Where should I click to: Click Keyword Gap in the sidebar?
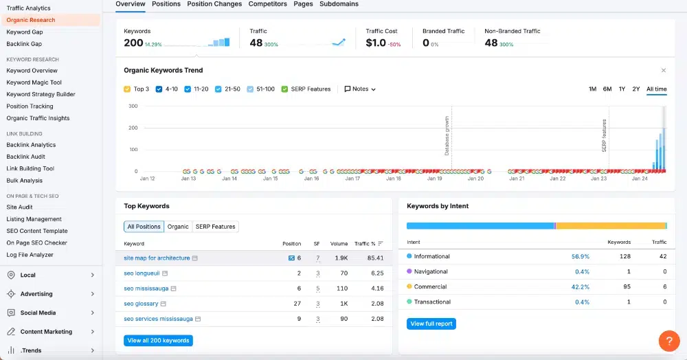coord(25,32)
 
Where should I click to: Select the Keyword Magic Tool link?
coord(34,82)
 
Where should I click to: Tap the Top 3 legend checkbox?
coord(127,89)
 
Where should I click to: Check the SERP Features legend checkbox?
coord(284,89)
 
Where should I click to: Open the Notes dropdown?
coord(360,89)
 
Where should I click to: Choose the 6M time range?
coord(607,89)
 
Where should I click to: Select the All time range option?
coord(656,89)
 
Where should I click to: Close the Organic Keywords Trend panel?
coord(664,71)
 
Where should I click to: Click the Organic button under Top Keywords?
coord(178,227)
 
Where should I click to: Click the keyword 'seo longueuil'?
coord(142,273)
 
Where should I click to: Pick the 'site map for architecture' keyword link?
coord(157,258)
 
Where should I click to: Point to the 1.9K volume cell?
coord(341,258)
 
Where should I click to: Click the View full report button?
coord(431,324)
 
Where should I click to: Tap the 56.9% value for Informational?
coord(580,257)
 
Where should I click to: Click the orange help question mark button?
coord(669,341)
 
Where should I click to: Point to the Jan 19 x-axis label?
coord(435,179)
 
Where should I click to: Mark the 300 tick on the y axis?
coord(133,106)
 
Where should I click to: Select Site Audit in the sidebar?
coord(19,207)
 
